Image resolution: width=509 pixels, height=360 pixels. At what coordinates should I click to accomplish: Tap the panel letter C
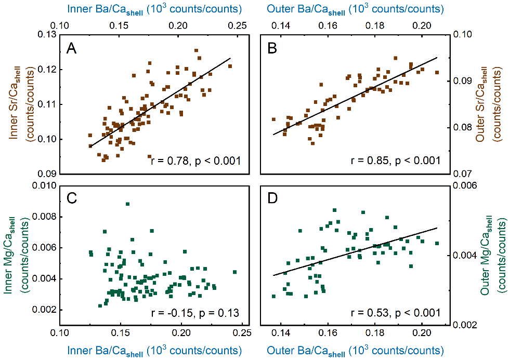coord(72,199)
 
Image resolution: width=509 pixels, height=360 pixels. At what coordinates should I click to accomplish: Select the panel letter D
coord(272,199)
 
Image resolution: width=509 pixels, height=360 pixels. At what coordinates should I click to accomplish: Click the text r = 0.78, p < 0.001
coord(195,161)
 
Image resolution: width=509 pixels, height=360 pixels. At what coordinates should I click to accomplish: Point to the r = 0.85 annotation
coord(396,161)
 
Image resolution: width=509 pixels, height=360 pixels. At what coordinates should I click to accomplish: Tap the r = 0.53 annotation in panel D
coord(396,313)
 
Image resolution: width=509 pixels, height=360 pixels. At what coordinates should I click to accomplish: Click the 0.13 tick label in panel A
coord(47,35)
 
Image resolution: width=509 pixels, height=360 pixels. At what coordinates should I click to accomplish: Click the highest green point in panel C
coord(127,204)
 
